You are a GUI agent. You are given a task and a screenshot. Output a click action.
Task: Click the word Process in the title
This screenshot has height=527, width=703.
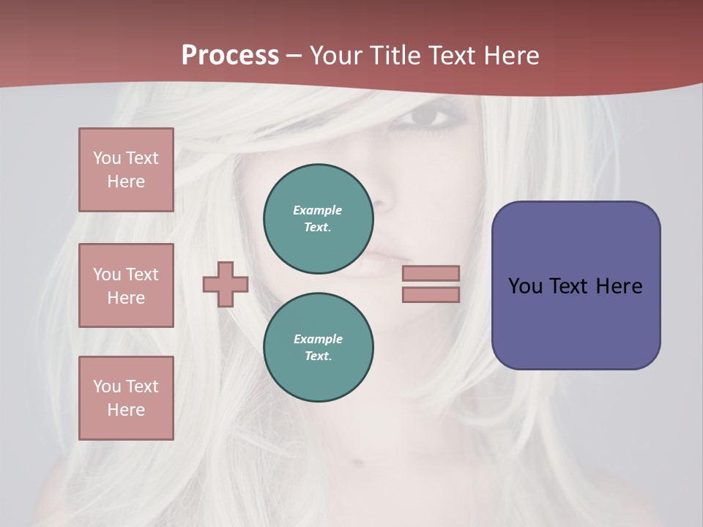tap(230, 56)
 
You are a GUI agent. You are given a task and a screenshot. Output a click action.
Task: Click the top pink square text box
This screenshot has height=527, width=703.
tap(126, 170)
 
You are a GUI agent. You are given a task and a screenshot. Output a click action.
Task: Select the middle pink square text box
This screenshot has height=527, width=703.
tap(126, 285)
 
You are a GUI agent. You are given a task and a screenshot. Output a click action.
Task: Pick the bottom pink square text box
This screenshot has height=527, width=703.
tap(126, 398)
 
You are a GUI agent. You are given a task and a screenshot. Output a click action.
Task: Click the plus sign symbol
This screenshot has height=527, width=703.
tap(226, 284)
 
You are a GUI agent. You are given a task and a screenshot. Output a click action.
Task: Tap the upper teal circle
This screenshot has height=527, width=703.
tap(319, 219)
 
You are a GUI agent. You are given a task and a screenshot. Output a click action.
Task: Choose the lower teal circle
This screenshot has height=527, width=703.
tap(319, 348)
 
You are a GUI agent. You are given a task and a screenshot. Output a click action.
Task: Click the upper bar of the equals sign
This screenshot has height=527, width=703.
tap(431, 273)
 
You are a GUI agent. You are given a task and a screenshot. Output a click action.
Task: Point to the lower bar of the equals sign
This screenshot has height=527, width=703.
tap(431, 295)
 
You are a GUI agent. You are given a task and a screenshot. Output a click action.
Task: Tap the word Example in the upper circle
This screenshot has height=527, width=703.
tap(317, 211)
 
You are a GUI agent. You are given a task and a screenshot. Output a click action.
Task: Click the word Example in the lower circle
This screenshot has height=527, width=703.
tap(318, 340)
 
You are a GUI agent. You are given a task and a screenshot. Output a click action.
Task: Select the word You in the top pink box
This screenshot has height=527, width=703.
tap(107, 158)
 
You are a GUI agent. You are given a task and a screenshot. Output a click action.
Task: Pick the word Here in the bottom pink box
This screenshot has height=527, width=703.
tap(126, 410)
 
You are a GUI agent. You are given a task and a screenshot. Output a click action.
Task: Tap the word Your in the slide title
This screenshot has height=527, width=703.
tap(335, 56)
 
